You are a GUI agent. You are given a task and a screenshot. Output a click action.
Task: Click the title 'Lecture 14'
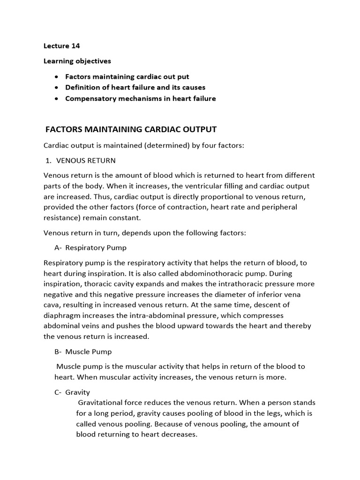(x=61, y=46)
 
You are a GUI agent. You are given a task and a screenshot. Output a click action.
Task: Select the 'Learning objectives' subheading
(x=77, y=61)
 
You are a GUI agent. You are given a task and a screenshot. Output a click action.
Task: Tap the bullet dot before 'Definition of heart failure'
(x=57, y=88)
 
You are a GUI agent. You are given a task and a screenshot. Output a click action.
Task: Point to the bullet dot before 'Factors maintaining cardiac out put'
(x=57, y=76)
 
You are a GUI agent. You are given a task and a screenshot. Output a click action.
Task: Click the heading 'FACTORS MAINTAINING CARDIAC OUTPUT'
(x=130, y=129)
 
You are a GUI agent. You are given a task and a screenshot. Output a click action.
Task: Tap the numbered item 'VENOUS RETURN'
(x=86, y=160)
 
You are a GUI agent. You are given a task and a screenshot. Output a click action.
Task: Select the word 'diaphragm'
(x=60, y=315)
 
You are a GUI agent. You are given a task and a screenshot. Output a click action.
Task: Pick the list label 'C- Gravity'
(x=73, y=392)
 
